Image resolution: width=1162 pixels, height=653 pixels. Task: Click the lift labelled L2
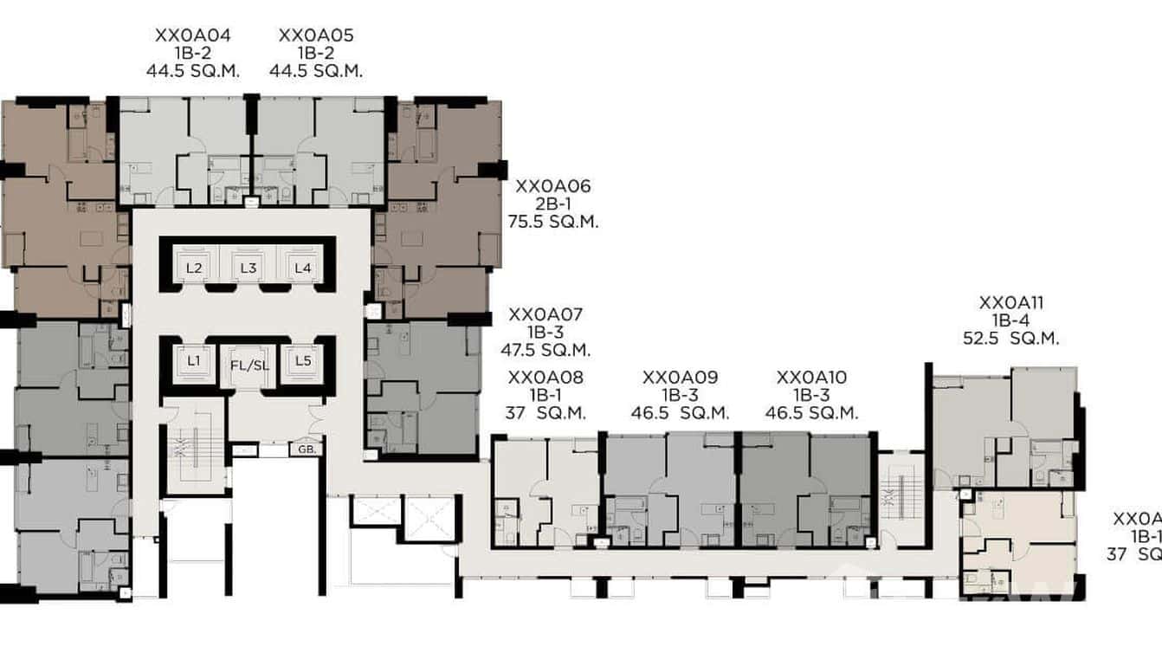194,268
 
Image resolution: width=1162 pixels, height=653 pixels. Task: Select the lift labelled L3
249,268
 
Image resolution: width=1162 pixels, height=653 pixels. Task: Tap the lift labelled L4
302,268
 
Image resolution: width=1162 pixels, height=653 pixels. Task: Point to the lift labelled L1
194,360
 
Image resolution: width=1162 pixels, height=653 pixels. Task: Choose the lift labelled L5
302,360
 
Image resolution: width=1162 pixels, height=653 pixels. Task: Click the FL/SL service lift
249,365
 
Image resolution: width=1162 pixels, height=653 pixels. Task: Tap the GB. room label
306,449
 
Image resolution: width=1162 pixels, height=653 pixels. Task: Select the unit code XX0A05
315,36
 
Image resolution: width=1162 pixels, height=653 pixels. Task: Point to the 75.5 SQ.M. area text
553,222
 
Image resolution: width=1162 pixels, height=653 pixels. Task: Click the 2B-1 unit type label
553,204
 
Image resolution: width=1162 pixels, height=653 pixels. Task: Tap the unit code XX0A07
545,314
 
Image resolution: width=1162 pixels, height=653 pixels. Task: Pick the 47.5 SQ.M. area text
545,351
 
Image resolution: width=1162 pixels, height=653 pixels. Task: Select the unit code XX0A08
545,378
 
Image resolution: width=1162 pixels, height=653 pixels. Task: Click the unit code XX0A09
680,378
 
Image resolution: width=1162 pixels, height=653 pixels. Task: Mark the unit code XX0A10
811,378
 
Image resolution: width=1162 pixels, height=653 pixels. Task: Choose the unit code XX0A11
1010,303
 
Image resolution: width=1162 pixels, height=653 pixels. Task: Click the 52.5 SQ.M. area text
1010,339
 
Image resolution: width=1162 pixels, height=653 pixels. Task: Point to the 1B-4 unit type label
1010,321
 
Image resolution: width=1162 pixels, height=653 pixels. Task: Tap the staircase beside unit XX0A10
900,499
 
